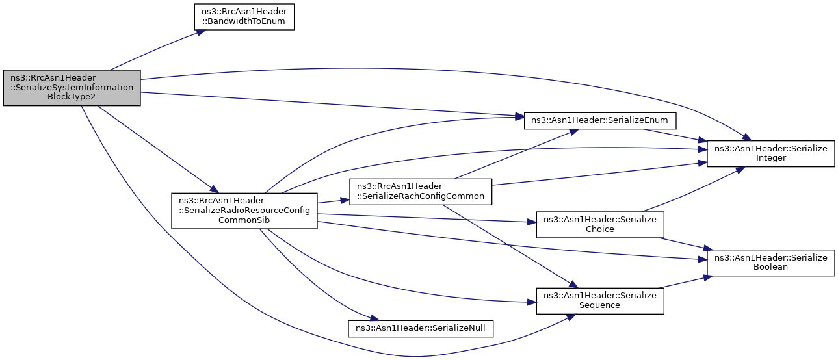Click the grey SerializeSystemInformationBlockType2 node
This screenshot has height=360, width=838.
72,88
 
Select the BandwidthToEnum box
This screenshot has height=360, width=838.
244,17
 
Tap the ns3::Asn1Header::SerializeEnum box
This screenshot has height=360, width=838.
600,121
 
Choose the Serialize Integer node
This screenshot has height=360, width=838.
770,153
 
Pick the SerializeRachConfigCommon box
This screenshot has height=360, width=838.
421,192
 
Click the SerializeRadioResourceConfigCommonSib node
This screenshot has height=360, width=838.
244,211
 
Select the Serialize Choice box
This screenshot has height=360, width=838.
600,225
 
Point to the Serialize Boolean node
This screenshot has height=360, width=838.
770,263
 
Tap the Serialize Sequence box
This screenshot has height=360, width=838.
600,301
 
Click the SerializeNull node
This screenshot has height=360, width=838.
421,329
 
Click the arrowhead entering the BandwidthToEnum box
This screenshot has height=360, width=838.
202,32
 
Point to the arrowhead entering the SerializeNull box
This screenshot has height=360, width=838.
375,318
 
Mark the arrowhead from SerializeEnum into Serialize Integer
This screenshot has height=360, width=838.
702,140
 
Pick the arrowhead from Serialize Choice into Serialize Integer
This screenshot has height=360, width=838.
740,170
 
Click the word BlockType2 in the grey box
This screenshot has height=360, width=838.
72,97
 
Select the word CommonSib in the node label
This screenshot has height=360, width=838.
244,220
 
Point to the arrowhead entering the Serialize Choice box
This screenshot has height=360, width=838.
532,222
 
